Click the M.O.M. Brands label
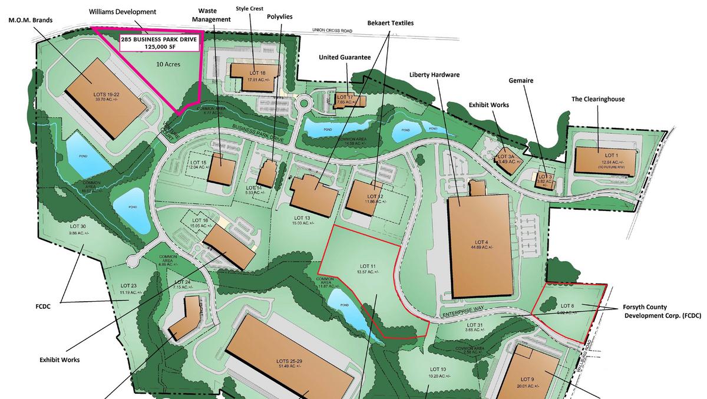(30, 20)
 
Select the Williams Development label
(123, 12)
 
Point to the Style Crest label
(249, 8)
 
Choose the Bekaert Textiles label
(391, 23)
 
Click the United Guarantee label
(345, 57)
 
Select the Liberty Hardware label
(434, 75)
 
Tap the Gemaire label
(521, 80)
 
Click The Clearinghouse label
(598, 99)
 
